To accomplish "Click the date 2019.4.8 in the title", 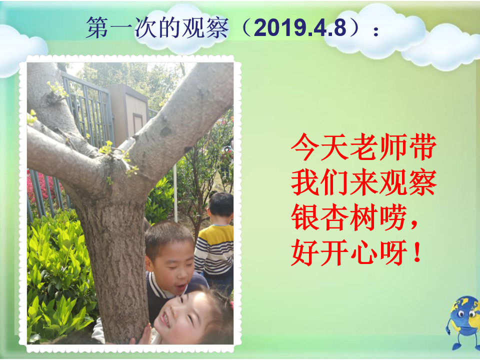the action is click(300, 27).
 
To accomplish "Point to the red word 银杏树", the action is click(333, 217).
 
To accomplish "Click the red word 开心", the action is click(348, 252).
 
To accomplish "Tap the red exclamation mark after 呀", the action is click(416, 252).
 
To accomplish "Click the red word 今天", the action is click(319, 147).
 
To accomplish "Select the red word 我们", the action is click(319, 182).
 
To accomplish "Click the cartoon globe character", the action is click(462, 322).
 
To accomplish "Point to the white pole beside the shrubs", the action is click(175, 193).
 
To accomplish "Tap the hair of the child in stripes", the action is click(220, 203).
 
